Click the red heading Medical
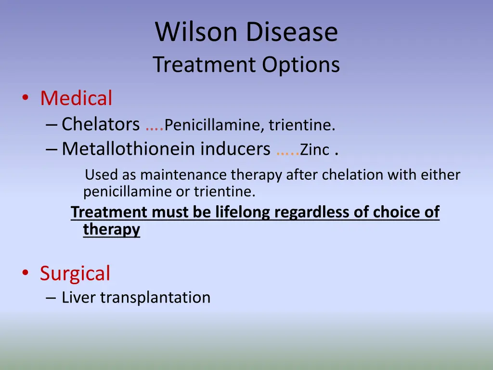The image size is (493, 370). pos(76,98)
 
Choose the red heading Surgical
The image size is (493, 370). pos(75,273)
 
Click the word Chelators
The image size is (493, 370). pos(101,124)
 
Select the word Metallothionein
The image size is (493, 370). pos(129,149)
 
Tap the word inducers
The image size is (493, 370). pos(235,149)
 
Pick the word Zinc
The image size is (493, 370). pos(314,150)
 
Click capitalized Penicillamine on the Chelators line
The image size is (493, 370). pos(214,125)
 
